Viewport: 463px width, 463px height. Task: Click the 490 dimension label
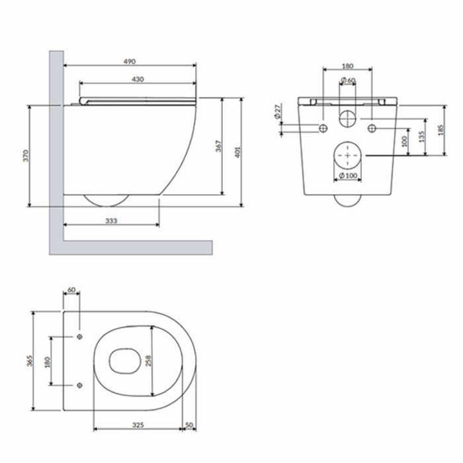[130, 62]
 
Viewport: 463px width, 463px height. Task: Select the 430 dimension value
[138, 79]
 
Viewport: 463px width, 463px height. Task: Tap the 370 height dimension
[26, 156]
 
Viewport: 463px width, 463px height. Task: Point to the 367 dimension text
[218, 146]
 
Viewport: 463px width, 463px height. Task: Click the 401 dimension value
[237, 152]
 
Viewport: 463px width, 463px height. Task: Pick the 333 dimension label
[111, 220]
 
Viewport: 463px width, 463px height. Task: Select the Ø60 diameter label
[348, 80]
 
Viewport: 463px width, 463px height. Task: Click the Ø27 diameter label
[278, 111]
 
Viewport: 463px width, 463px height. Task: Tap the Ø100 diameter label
[349, 176]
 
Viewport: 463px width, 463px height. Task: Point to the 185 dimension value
[441, 130]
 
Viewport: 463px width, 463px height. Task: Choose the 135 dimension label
[421, 137]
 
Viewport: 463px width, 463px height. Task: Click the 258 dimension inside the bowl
[148, 361]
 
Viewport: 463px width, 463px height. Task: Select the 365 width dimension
[30, 361]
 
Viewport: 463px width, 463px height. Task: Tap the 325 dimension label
[138, 425]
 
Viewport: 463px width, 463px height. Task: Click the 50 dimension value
[189, 425]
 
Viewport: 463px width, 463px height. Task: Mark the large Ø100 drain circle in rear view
[347, 142]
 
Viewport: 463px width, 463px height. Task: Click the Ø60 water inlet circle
[347, 110]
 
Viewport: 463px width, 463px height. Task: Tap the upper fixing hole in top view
[79, 337]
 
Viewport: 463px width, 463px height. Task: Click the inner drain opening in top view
[110, 361]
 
